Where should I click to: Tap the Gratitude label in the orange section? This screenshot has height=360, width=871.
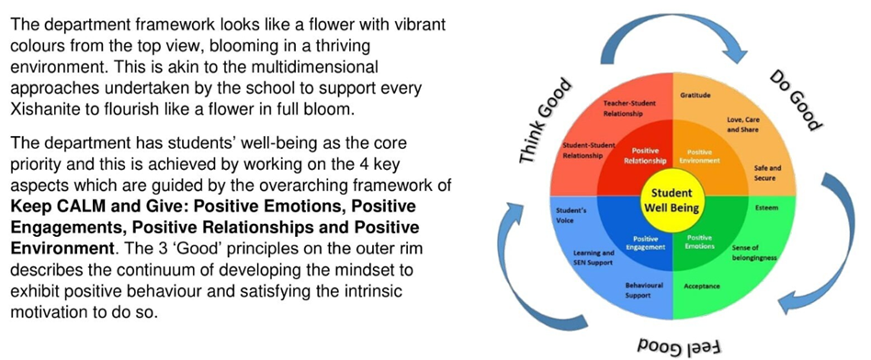pos(695,95)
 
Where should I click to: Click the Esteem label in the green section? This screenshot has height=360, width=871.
pos(766,208)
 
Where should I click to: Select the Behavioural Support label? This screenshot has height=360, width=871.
pos(643,290)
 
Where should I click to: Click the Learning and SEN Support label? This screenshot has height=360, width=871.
pos(593,256)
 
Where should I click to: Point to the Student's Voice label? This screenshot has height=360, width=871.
pos(571,214)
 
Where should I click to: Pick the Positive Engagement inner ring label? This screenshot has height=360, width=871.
pos(645,243)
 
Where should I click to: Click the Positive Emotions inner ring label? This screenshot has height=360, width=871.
pos(700,242)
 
